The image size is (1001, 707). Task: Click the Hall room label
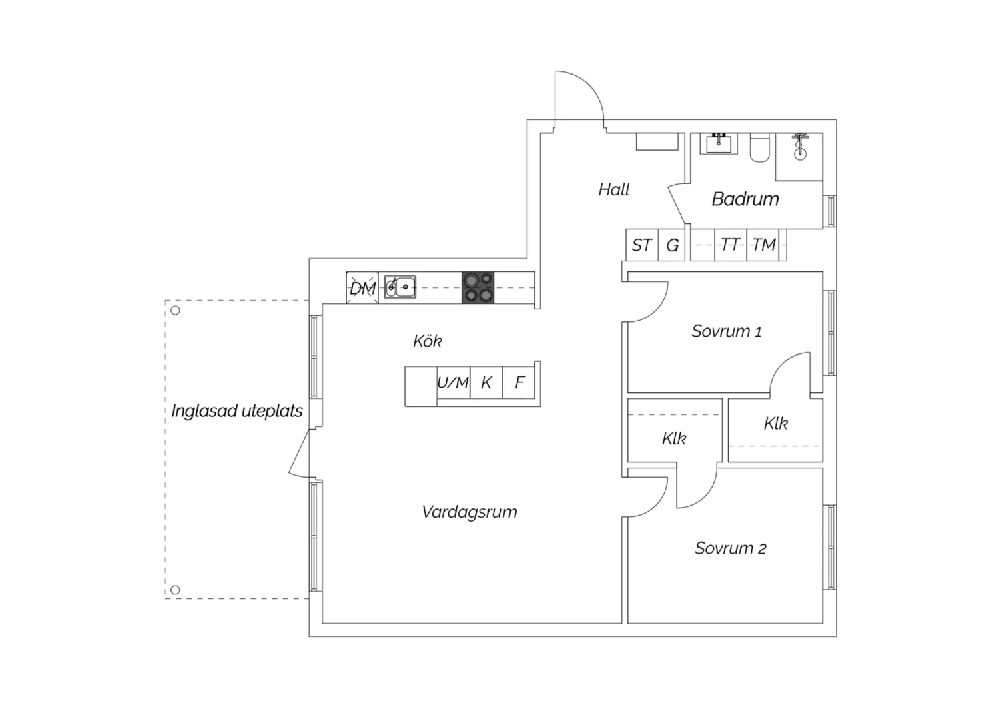tap(613, 190)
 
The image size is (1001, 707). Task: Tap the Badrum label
tap(745, 199)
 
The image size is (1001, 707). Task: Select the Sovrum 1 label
tap(726, 331)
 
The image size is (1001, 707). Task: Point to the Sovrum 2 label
tap(730, 548)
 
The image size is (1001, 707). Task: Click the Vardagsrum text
tap(469, 512)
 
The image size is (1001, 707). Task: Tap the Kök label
tap(427, 341)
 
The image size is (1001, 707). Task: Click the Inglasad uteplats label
tap(237, 411)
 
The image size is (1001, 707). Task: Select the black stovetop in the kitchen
tap(478, 287)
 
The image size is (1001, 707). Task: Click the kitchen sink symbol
tap(400, 287)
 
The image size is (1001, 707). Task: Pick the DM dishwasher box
tap(362, 288)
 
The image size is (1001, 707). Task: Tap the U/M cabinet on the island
tap(453, 383)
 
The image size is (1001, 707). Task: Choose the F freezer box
tap(519, 383)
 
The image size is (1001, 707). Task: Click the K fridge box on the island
tap(486, 383)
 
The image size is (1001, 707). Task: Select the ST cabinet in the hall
tap(641, 245)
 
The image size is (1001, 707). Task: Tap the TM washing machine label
tap(764, 245)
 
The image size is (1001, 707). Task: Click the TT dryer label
tap(731, 245)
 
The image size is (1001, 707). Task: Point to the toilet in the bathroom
tap(760, 149)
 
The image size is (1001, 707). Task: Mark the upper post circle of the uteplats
tap(175, 310)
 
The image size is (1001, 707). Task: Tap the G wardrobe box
tap(672, 245)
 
